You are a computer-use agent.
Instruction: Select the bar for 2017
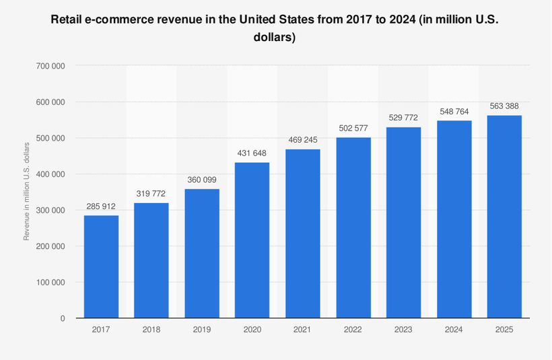pos(101,266)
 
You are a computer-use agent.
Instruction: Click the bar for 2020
pos(252,240)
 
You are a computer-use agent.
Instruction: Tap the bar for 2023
pos(403,222)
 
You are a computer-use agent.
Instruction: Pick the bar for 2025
pos(504,217)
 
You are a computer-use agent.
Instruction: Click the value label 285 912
pos(101,206)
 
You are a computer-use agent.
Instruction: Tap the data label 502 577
pos(353,127)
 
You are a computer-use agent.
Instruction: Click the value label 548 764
pos(454,111)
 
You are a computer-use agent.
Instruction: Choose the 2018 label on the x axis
pos(151,330)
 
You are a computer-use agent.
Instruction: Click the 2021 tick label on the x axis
pos(302,330)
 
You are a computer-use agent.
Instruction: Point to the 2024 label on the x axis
pos(454,330)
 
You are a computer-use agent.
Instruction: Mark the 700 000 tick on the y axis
pos(50,66)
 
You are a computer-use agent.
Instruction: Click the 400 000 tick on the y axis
pos(50,174)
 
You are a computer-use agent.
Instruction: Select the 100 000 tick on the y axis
pos(50,282)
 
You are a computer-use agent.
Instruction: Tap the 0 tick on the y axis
pos(62,318)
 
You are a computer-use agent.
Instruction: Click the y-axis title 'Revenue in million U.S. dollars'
pos(27,192)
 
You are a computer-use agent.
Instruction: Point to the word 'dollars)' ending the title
pos(275,38)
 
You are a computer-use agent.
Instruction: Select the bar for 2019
pos(201,254)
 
